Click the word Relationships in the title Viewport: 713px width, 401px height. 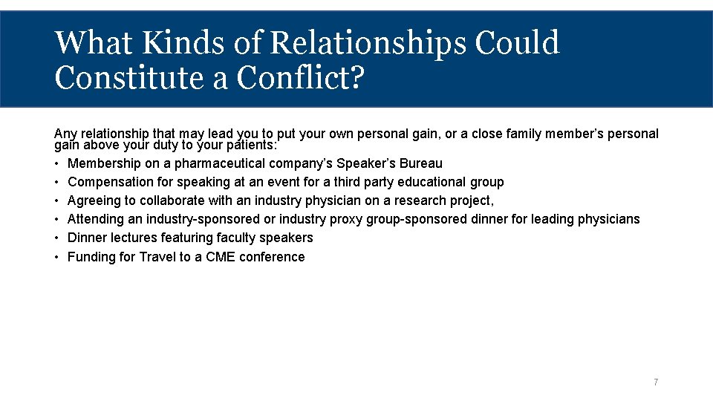[x=368, y=43]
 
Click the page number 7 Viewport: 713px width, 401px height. [x=656, y=382]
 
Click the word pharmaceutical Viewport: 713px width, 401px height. [x=223, y=163]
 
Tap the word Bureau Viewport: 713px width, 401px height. [x=421, y=163]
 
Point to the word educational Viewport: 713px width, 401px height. [x=433, y=182]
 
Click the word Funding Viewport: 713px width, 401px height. [x=91, y=257]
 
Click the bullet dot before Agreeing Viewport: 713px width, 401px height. [x=57, y=200]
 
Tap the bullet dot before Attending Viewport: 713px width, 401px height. [x=57, y=219]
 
